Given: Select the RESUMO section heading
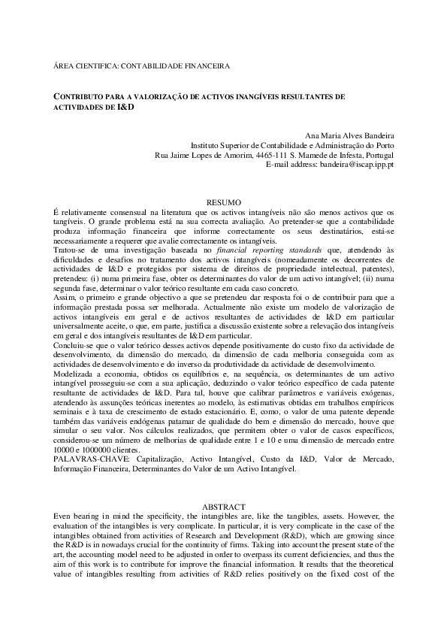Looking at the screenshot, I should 223,202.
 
